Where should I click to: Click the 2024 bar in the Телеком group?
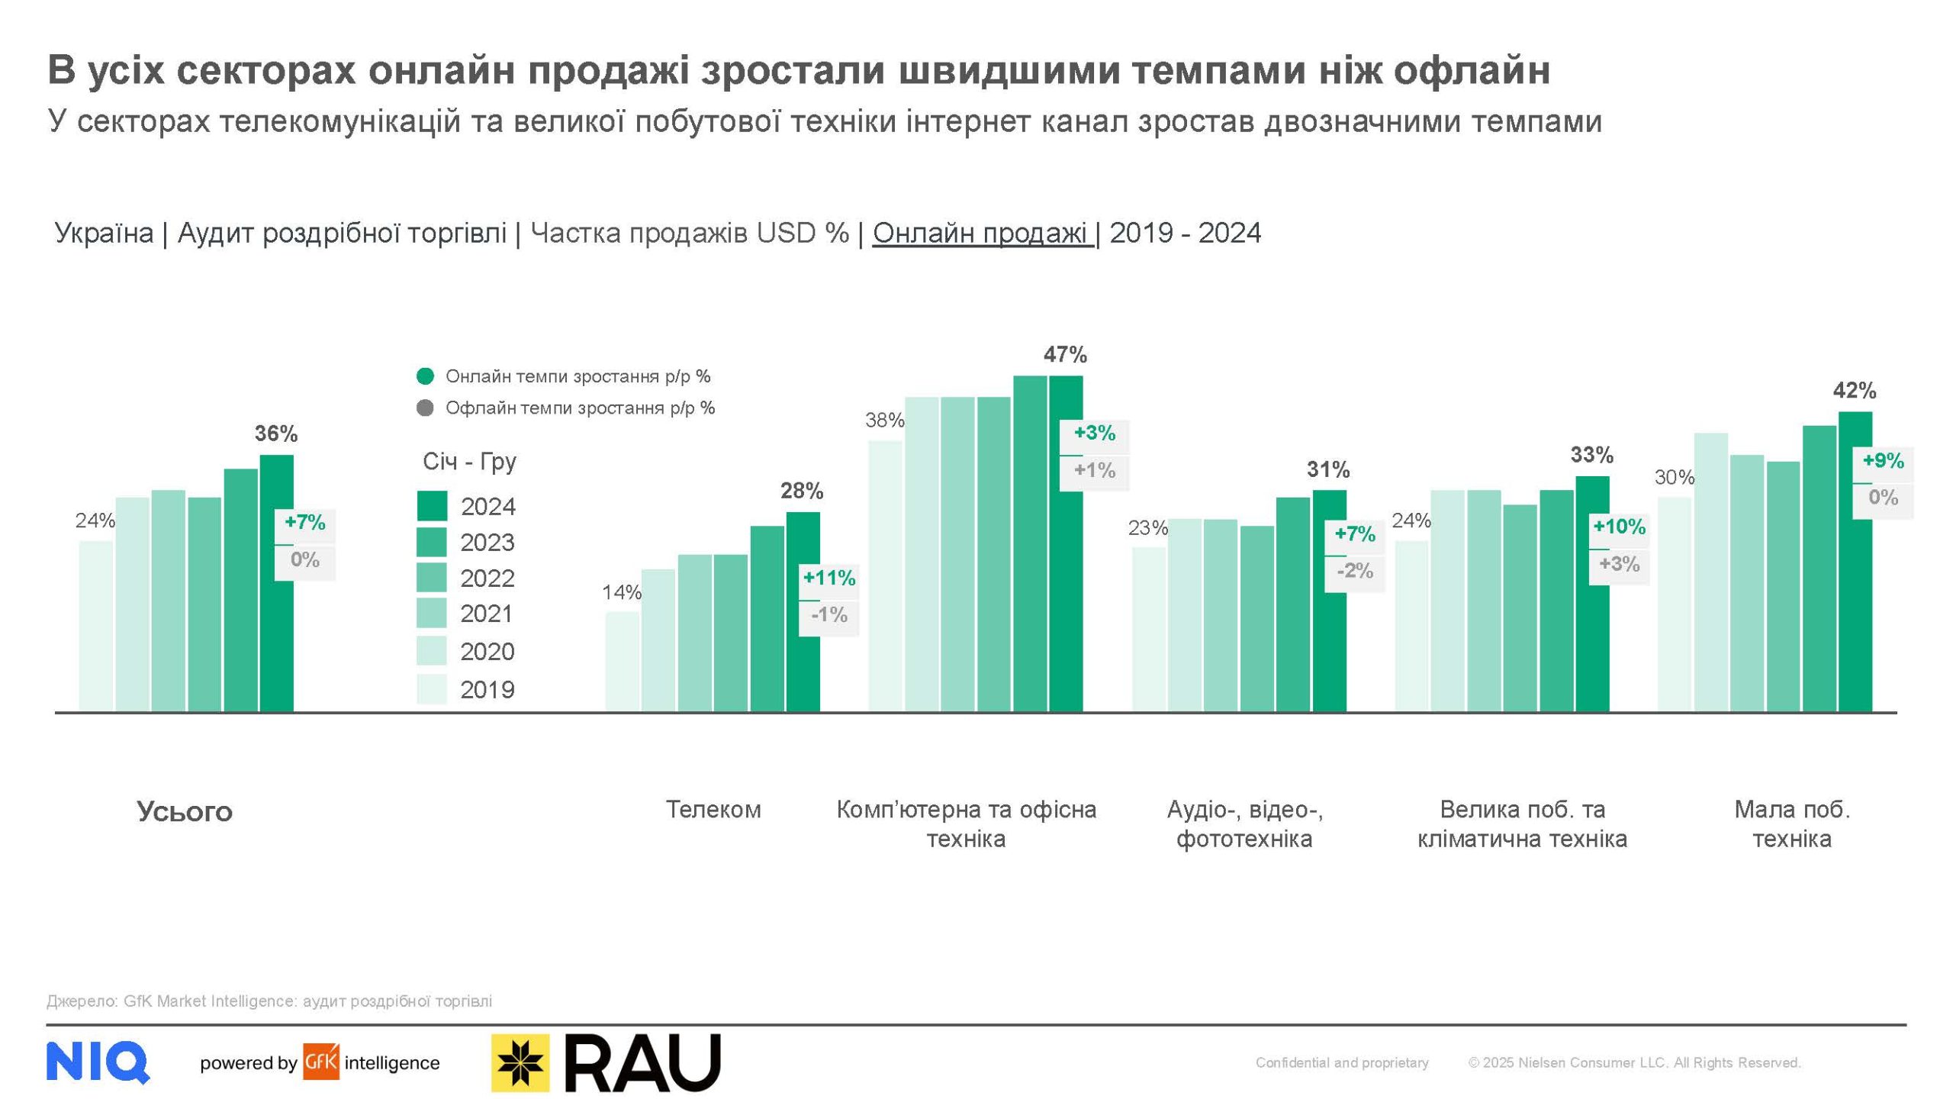(x=803, y=611)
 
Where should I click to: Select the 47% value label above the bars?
(x=1065, y=355)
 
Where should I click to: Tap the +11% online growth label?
(x=828, y=579)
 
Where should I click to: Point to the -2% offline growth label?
(x=1354, y=570)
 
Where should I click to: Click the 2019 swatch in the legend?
(x=431, y=688)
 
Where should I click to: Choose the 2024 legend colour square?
(x=431, y=506)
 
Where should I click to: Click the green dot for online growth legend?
(x=425, y=376)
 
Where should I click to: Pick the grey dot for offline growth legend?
(x=425, y=408)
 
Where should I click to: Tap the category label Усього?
(x=185, y=811)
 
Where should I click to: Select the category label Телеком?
(x=713, y=810)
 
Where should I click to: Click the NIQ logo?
(x=98, y=1062)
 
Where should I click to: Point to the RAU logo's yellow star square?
(x=520, y=1062)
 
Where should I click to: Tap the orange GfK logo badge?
(x=321, y=1062)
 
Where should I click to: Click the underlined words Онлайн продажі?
(x=982, y=233)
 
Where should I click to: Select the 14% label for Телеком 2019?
(x=621, y=592)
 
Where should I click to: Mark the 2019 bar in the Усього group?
(x=95, y=626)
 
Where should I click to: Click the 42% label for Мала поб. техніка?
(x=1854, y=391)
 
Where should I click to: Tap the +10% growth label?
(x=1619, y=527)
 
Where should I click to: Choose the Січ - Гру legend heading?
(x=469, y=462)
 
